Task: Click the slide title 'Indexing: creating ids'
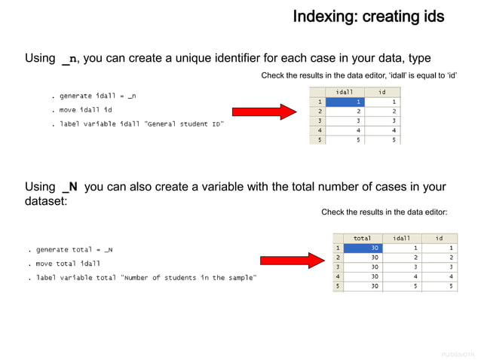pos(368,16)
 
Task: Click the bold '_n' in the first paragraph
pos(69,59)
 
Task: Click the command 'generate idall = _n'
pos(93,96)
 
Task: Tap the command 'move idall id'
pos(86,110)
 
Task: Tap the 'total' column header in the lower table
pos(363,238)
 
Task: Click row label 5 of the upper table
pos(319,140)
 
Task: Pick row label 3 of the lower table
pos(339,267)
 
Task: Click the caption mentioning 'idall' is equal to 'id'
pos(359,76)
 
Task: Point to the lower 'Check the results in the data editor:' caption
pos(384,212)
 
